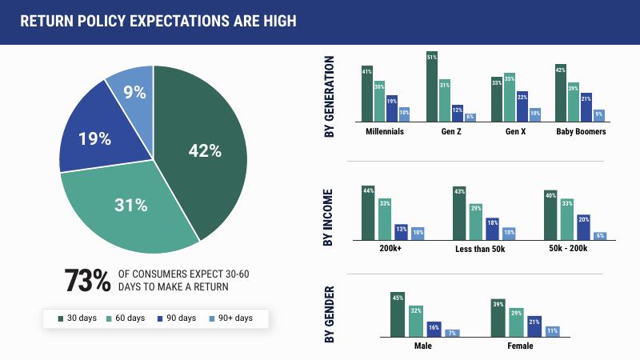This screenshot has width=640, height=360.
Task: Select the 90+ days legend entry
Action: [230, 318]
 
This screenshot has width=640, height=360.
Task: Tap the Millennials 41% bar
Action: [367, 93]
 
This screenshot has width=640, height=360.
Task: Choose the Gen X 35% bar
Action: [509, 97]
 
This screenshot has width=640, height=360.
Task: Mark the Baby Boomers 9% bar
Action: [599, 114]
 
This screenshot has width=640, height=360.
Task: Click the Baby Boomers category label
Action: [581, 131]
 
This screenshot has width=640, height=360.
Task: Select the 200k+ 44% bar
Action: [368, 213]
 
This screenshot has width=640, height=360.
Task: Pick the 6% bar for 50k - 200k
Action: [600, 235]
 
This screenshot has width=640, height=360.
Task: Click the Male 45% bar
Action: [398, 314]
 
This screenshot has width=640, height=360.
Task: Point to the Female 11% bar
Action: [553, 330]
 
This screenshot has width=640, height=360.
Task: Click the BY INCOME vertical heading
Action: [328, 215]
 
